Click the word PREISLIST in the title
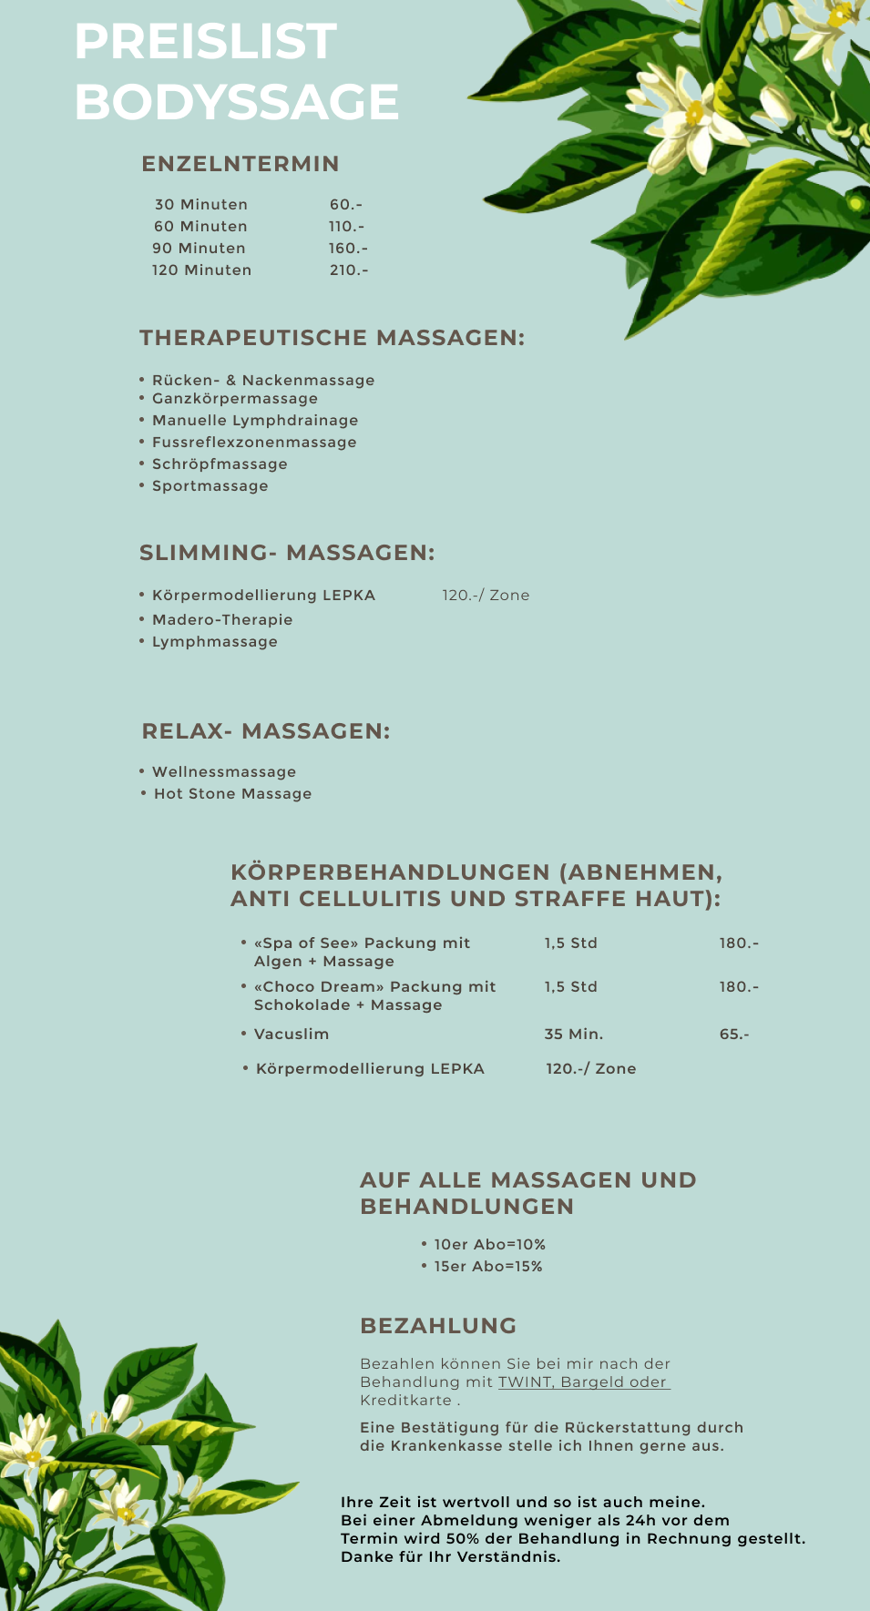tap(205, 42)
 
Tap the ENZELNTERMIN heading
tap(241, 164)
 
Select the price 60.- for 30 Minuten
tap(346, 205)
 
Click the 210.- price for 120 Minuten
tap(349, 270)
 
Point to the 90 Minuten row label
tap(199, 249)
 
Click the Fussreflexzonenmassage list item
tap(254, 443)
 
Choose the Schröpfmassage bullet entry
tap(220, 464)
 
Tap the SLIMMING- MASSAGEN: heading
tap(287, 553)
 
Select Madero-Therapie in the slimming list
tap(222, 620)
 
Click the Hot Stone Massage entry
tap(232, 794)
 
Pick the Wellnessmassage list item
tap(224, 772)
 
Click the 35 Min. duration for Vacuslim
tap(574, 1035)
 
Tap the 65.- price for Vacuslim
tap(734, 1035)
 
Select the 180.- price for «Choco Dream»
tap(739, 987)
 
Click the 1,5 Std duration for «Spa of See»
tap(571, 943)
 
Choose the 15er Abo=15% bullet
tap(487, 1267)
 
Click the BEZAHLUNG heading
tap(438, 1326)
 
